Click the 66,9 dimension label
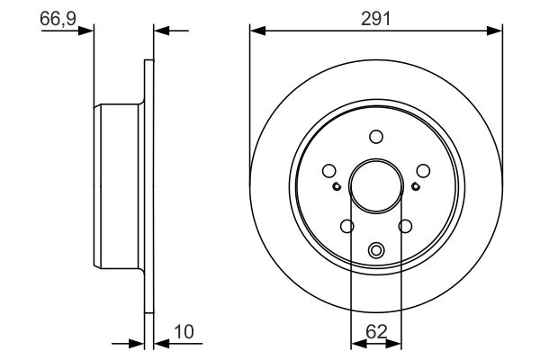[58, 18]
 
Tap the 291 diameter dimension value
[375, 18]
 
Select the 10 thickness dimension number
[184, 332]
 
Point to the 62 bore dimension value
[376, 332]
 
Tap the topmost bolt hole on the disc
[376, 137]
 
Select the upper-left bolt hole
[329, 170]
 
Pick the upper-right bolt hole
[423, 170]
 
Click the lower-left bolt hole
[347, 226]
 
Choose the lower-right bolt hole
[405, 226]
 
